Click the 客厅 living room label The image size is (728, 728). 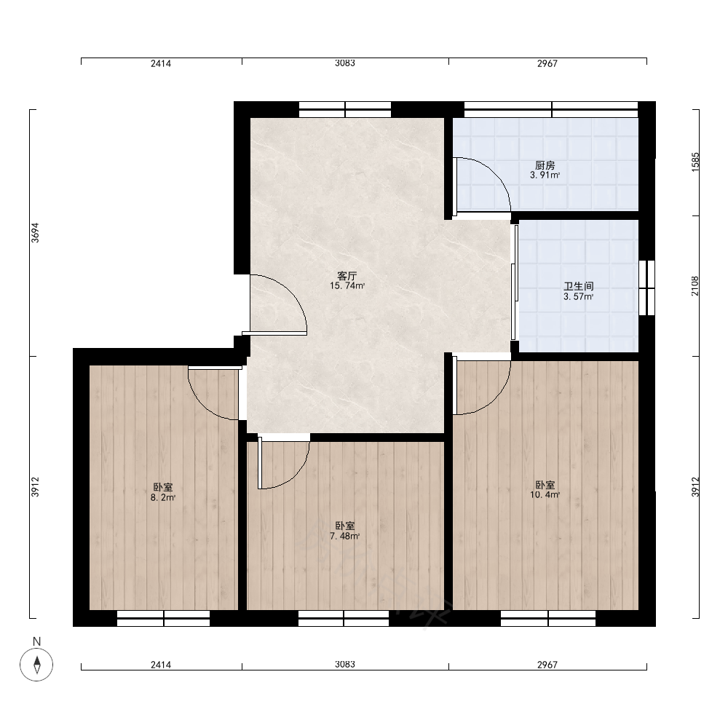tap(347, 276)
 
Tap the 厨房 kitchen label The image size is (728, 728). tap(545, 165)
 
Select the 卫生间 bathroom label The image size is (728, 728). tap(579, 286)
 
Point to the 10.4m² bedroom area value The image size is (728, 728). tap(545, 495)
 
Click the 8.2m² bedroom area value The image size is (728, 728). tap(163, 498)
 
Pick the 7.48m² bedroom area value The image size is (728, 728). tap(345, 536)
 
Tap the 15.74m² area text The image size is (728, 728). tap(347, 285)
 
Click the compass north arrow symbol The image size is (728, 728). tap(36, 665)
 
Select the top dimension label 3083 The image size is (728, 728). tap(345, 63)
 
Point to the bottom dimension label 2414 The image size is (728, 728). tap(161, 665)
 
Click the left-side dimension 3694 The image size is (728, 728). tap(35, 233)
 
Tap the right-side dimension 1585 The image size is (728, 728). tap(695, 162)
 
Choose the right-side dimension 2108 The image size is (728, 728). tap(695, 286)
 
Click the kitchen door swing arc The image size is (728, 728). tap(495, 174)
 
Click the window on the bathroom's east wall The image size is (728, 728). tap(646, 288)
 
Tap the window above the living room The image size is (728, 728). tap(345, 110)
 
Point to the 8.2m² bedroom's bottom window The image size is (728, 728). tap(163, 618)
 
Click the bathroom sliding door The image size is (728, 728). tap(515, 282)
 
